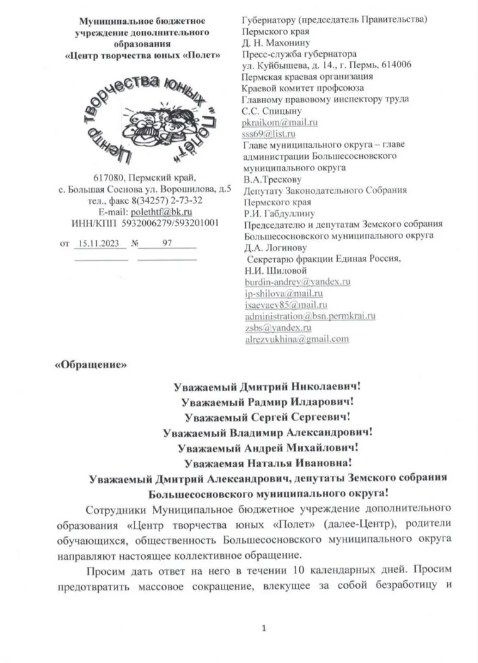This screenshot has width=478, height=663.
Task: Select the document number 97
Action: (167, 242)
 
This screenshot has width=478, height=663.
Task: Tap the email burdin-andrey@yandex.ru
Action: (296, 282)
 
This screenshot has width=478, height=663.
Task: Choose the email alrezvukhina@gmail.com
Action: (296, 339)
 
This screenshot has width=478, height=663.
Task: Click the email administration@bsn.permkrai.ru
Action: (310, 316)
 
